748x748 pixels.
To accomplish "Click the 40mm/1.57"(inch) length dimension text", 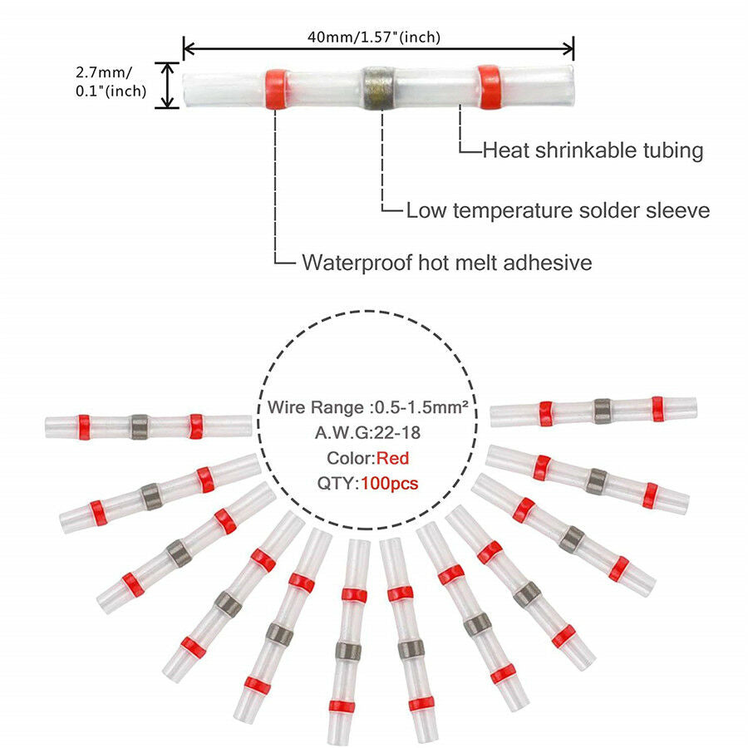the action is pos(373,37).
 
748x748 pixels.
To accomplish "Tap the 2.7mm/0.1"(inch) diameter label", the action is pos(111,81).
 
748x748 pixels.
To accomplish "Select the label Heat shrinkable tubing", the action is pos(593,150).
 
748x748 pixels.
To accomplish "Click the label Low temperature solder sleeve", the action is pos(558,210).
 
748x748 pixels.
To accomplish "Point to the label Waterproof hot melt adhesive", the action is pos(447,263).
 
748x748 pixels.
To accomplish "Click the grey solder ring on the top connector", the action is pos(378,89).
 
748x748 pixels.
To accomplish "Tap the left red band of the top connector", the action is pos(277,89).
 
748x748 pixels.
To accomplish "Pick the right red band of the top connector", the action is pos(490,86).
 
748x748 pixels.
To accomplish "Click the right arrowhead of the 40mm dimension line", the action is pos(568,48).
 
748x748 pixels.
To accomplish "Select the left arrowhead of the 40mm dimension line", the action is pos(189,48).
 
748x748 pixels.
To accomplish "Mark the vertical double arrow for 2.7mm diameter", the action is pos(167,86).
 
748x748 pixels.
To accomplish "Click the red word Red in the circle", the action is pos(392,458).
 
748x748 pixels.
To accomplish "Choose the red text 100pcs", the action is pos(389,483).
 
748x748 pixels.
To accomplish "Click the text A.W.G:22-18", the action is pos(367,433).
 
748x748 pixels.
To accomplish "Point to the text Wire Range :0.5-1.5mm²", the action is pos(367,407).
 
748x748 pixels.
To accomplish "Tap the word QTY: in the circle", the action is pos(338,483).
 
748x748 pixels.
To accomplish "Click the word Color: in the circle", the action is pos(351,458).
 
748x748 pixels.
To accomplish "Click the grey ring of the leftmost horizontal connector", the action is pos(140,426).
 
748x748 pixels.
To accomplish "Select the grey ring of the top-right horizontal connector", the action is pos(603,411).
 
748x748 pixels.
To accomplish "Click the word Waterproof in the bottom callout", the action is pos(357,263).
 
